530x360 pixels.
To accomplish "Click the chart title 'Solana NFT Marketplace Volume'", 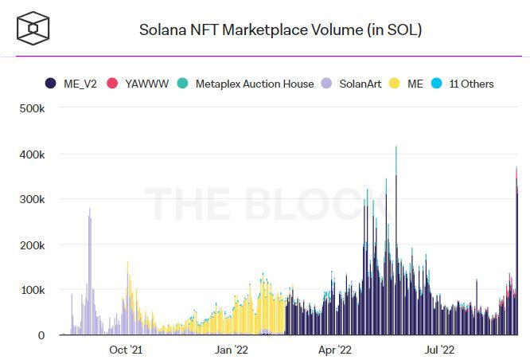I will pyautogui.click(x=280, y=30).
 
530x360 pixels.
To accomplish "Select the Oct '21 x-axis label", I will pyautogui.click(x=126, y=349).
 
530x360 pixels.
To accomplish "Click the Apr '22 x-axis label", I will pyautogui.click(x=335, y=349).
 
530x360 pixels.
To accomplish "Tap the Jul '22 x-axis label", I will pyautogui.click(x=439, y=349).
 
